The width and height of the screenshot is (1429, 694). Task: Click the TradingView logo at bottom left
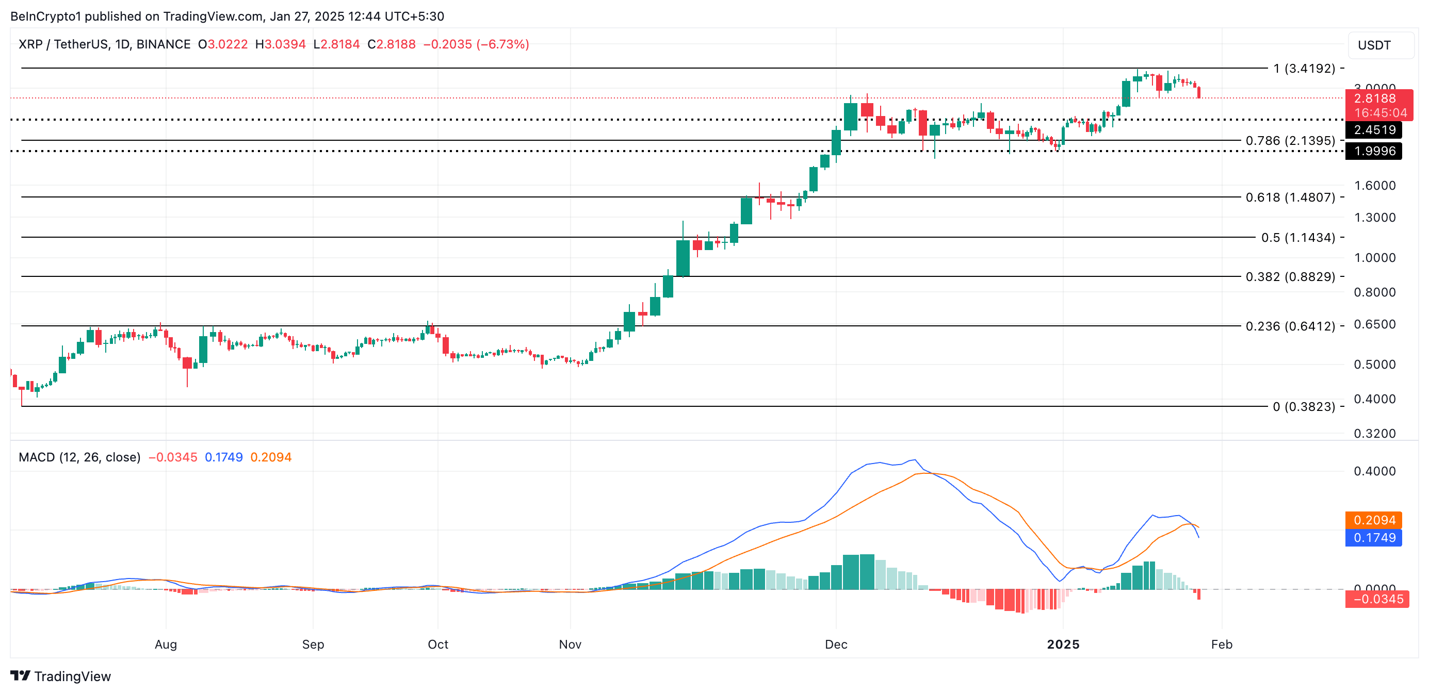(x=61, y=676)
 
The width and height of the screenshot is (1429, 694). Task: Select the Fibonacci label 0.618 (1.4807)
(x=1290, y=197)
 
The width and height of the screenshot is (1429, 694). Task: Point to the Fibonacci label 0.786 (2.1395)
(x=1290, y=141)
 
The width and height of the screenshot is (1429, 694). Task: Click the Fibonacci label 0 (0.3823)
(x=1304, y=407)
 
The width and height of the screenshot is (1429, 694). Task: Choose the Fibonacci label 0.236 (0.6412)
(x=1290, y=326)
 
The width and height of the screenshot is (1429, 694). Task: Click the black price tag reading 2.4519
(x=1374, y=130)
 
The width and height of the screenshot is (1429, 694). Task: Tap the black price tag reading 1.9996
(x=1374, y=151)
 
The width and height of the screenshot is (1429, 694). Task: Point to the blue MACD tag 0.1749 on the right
(x=1374, y=538)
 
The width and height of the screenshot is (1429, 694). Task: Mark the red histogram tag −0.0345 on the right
(x=1377, y=599)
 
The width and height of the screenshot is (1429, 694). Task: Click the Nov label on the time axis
(x=570, y=645)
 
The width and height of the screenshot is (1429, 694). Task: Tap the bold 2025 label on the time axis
(x=1063, y=645)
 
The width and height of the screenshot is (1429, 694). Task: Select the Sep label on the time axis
(x=313, y=645)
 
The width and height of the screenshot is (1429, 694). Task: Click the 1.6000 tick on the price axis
(x=1375, y=186)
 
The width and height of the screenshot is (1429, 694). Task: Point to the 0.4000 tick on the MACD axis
(x=1375, y=472)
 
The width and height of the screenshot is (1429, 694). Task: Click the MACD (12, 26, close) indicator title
(x=79, y=457)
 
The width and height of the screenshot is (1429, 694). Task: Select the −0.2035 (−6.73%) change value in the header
(x=476, y=44)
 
